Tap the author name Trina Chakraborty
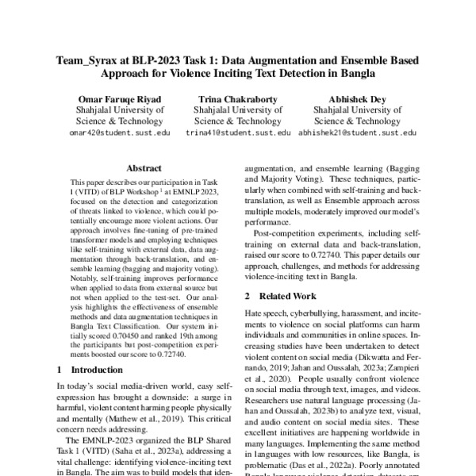coord(238,98)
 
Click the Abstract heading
coord(144,169)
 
